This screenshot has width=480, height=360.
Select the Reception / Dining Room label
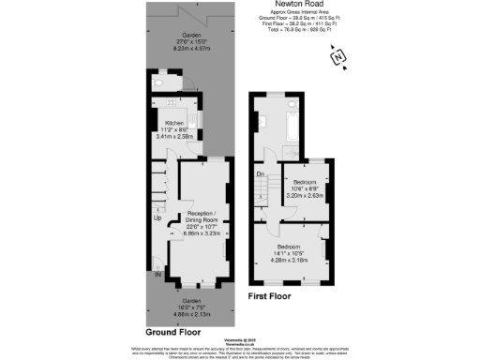pyautogui.click(x=191, y=217)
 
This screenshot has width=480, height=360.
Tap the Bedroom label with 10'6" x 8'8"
pyautogui.click(x=305, y=182)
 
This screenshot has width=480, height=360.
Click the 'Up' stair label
pyautogui.click(x=157, y=218)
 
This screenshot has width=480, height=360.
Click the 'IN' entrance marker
pyautogui.click(x=158, y=274)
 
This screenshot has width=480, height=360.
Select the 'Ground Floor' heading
pyautogui.click(x=173, y=332)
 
